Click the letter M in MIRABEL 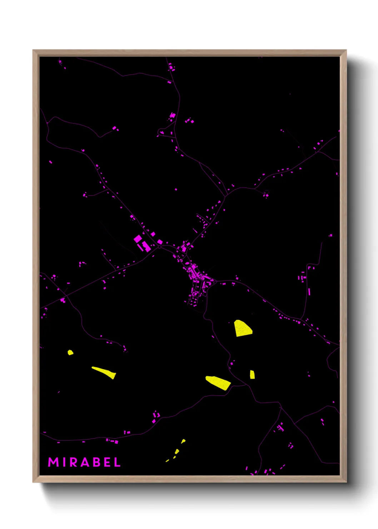[53, 462]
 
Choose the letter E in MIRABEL [107, 462]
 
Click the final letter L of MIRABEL [117, 462]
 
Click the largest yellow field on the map [243, 328]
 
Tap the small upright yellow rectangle [252, 375]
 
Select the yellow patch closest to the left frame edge [70, 352]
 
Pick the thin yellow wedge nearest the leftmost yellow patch [104, 372]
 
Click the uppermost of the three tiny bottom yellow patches [183, 441]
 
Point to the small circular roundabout [159, 247]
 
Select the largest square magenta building [138, 238]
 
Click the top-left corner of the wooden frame [33, 50]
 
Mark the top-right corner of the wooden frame [346, 50]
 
